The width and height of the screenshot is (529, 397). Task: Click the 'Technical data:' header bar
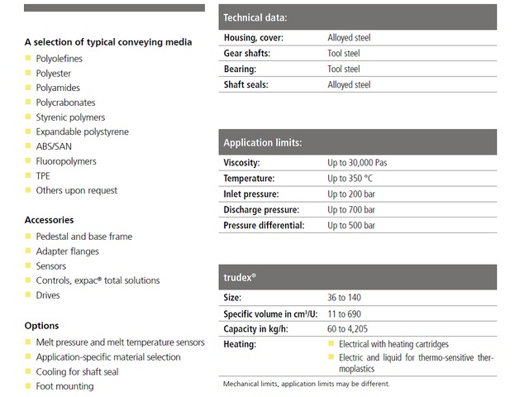[357, 17]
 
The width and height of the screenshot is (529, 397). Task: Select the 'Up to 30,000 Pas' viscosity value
[357, 163]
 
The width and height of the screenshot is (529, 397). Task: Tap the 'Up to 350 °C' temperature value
[350, 179]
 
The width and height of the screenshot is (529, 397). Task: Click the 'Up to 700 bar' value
[351, 210]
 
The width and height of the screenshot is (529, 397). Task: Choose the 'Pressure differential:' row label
[264, 226]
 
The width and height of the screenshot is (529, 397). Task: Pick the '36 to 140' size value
[344, 298]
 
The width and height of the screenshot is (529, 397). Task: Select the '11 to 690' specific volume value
[344, 314]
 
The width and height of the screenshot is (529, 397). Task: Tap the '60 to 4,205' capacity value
[348, 329]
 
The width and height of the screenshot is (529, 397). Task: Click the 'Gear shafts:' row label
[246, 54]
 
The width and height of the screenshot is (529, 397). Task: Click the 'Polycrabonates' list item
[65, 103]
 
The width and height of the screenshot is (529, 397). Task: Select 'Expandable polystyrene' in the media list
[82, 132]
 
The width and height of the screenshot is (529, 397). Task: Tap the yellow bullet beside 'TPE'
[28, 176]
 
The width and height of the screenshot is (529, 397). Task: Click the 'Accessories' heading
[49, 220]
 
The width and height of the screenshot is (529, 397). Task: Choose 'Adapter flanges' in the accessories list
[67, 251]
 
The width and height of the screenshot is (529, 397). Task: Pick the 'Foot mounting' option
[64, 386]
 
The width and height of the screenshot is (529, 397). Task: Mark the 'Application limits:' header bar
[357, 142]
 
